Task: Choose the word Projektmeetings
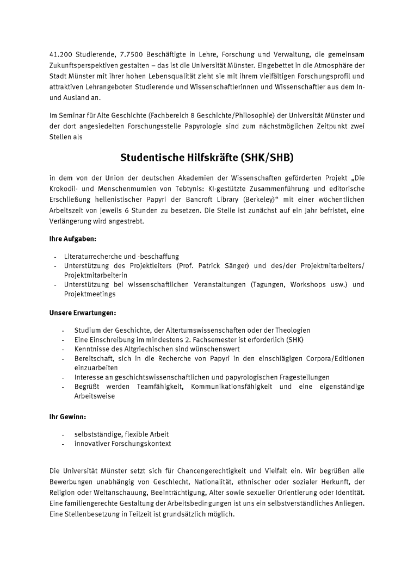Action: point(90,294)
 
